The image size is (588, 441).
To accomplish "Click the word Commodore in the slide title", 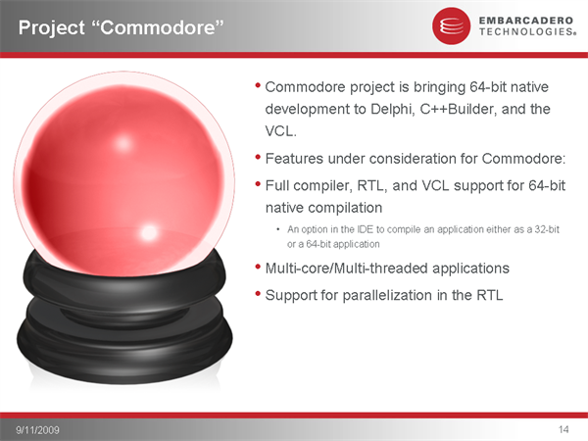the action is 162,27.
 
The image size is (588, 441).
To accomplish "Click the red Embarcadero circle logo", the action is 451,25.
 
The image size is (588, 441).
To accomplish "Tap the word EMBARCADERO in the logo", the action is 525,21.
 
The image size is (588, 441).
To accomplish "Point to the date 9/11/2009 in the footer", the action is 37,430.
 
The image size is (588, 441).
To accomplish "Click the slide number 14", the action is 563,429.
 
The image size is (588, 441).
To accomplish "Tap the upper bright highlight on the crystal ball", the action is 123,143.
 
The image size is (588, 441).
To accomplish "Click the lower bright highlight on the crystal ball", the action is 149,232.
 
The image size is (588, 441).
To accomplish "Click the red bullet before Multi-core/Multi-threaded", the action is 258,267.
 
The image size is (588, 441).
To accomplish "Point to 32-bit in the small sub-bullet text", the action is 547,229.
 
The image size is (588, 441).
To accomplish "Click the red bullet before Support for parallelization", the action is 258,294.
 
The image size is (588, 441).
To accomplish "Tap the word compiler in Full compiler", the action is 322,186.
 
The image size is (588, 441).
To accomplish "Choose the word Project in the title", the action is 52,27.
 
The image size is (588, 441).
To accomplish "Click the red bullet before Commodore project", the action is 258,85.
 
